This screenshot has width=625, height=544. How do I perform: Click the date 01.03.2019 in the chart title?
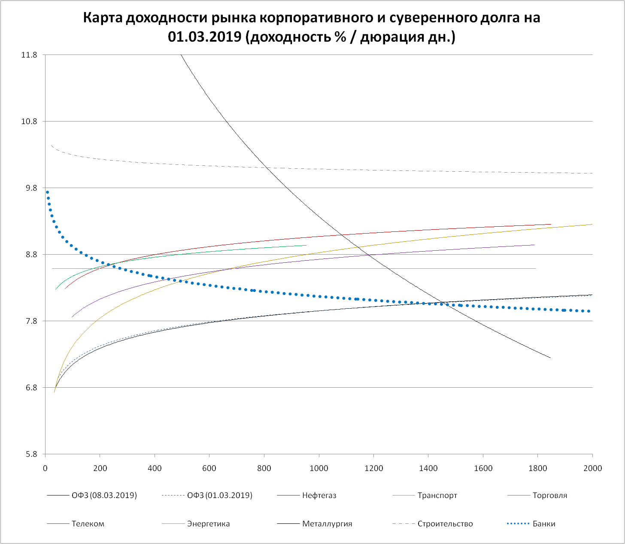[204, 37]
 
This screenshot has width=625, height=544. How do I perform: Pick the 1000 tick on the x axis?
[319, 468]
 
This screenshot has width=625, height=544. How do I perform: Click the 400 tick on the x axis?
[155, 468]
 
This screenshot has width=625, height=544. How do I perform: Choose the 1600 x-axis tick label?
[483, 468]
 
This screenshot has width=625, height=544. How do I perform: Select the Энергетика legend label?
[208, 524]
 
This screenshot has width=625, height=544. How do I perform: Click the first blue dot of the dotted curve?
[47, 192]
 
